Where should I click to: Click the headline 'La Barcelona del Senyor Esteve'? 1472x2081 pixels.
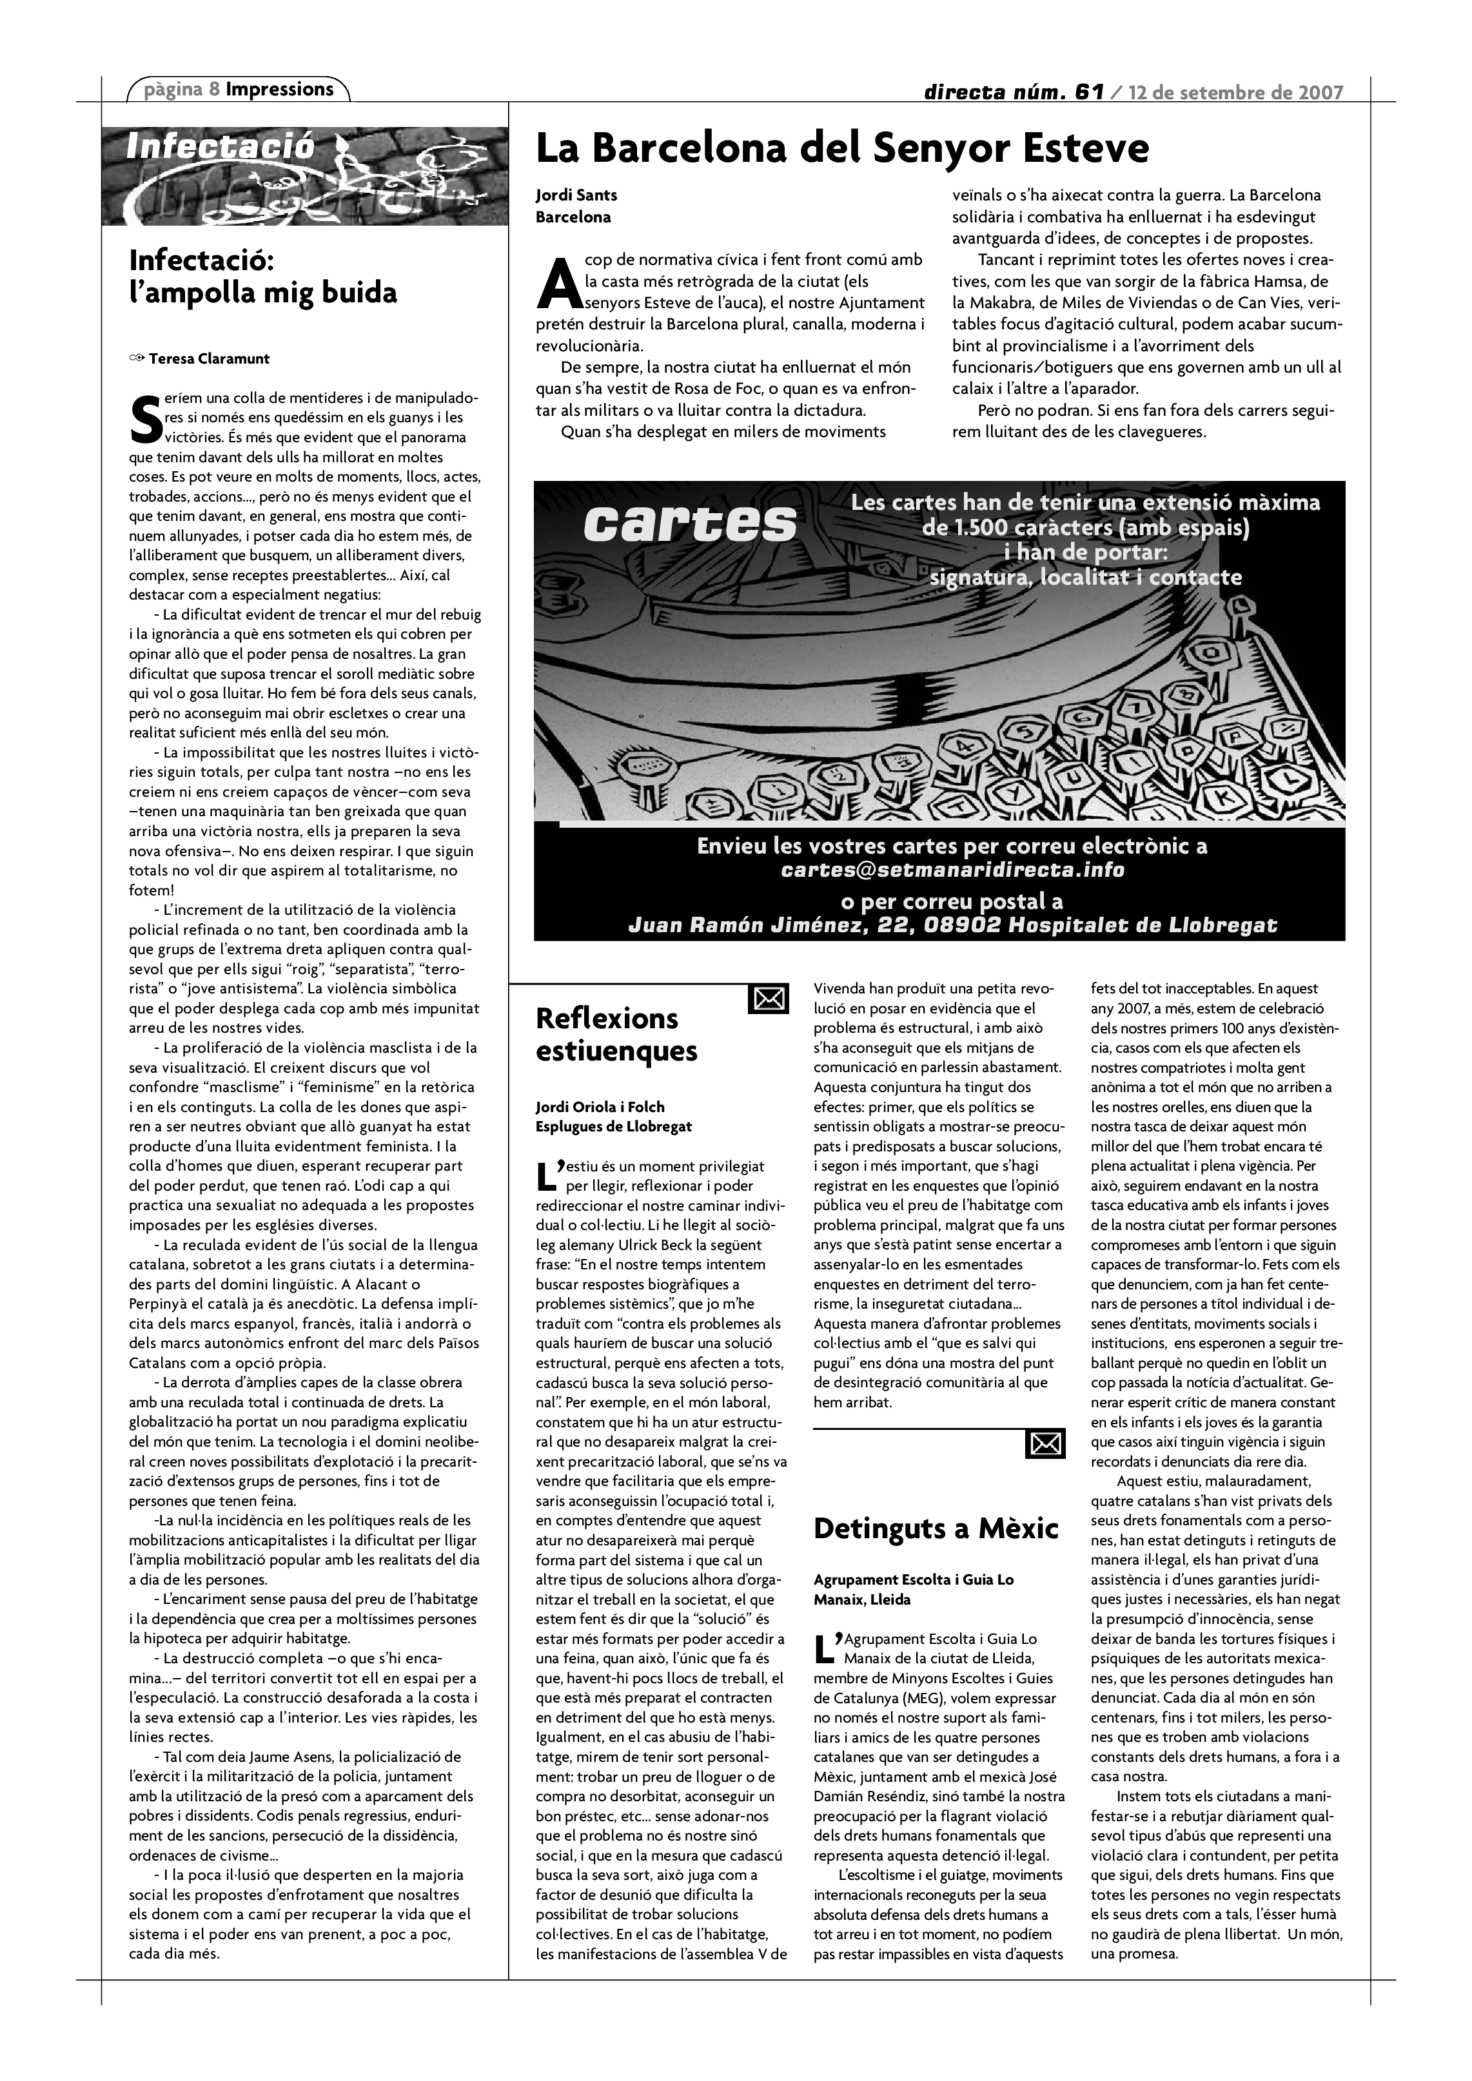(x=842, y=149)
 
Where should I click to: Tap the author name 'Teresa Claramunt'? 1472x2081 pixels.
(x=208, y=359)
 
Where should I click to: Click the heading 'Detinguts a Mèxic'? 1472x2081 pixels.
(x=936, y=1529)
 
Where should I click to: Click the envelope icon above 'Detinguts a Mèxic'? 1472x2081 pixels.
(x=1045, y=1444)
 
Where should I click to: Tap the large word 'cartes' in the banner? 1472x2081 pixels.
(x=690, y=524)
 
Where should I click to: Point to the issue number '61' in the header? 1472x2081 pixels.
(x=1088, y=92)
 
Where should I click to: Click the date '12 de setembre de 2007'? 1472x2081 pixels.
(x=1235, y=92)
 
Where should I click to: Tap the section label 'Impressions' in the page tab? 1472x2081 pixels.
(x=279, y=89)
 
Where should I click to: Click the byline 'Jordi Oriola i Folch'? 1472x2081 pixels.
(x=600, y=1107)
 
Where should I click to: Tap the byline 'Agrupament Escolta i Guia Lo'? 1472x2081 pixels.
(x=914, y=1580)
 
